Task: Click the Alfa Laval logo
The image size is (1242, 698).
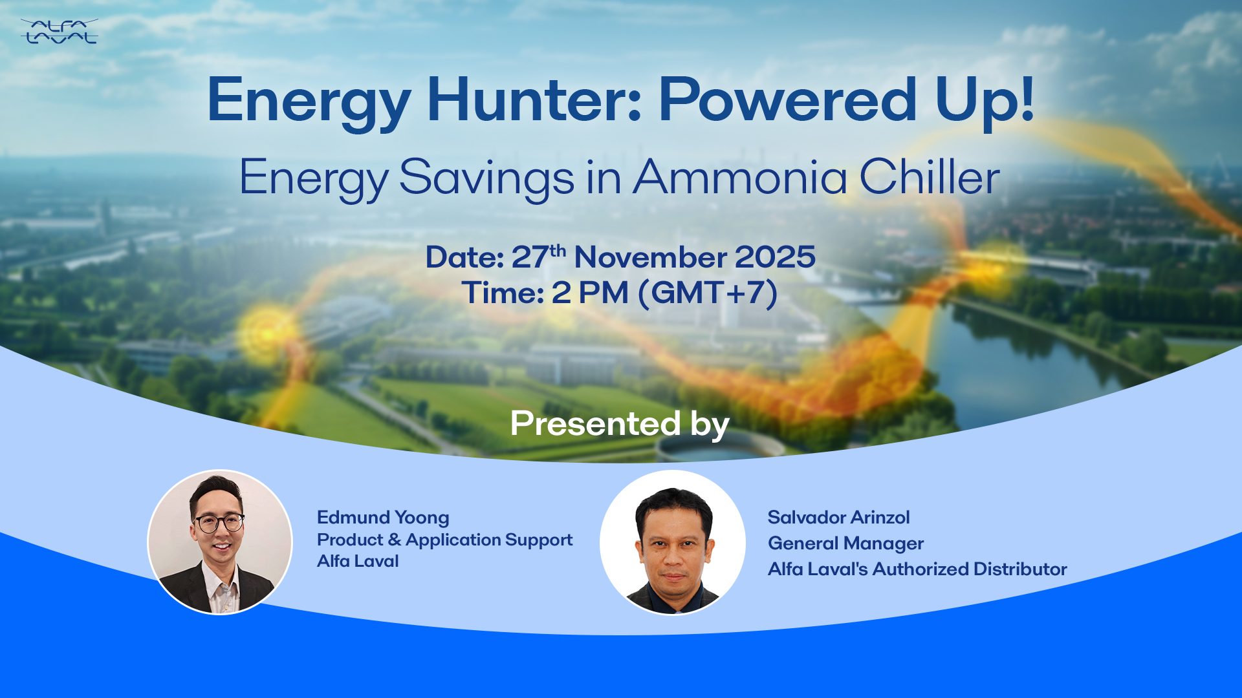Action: (59, 31)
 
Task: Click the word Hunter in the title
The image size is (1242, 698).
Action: (534, 100)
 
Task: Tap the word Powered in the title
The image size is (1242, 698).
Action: (788, 100)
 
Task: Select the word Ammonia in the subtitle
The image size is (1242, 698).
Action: (740, 177)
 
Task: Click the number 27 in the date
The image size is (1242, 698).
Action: (530, 257)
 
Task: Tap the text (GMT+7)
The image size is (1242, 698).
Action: (708, 293)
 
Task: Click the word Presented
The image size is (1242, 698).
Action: (595, 424)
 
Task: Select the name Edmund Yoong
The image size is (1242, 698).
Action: (383, 518)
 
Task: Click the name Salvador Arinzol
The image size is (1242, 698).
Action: (838, 517)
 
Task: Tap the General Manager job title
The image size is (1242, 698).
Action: (845, 544)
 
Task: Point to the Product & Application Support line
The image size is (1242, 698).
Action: (444, 540)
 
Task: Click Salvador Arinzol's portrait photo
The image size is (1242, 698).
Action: (673, 542)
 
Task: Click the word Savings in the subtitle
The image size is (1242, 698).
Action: (486, 178)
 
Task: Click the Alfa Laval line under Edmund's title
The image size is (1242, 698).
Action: (358, 561)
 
